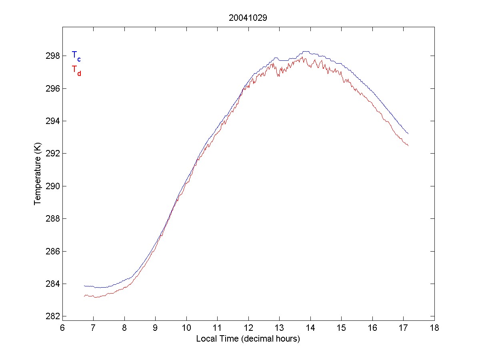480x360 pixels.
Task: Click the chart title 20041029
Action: click(x=248, y=18)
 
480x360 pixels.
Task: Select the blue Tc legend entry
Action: click(x=76, y=56)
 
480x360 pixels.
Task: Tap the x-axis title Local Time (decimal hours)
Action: click(x=248, y=339)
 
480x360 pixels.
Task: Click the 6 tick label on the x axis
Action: click(x=62, y=328)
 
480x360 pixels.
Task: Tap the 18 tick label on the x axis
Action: click(x=434, y=328)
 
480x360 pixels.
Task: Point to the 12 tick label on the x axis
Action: click(x=248, y=328)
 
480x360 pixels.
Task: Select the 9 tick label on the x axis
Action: click(x=155, y=328)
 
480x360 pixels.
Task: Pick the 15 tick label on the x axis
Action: click(x=341, y=328)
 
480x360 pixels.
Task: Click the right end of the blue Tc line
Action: click(x=408, y=134)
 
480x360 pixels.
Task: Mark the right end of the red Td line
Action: click(x=408, y=146)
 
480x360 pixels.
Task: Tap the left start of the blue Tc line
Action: click(x=84, y=286)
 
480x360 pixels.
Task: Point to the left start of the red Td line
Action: click(x=84, y=296)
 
